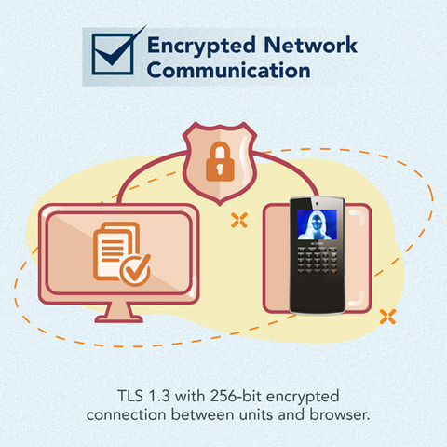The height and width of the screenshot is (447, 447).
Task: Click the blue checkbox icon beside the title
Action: [x=114, y=54]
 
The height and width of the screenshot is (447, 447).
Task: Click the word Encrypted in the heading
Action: [x=201, y=46]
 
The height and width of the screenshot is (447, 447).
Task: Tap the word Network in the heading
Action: [x=310, y=45]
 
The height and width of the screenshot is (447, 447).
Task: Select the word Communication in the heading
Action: [x=229, y=70]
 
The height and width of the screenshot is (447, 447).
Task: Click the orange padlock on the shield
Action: [x=220, y=161]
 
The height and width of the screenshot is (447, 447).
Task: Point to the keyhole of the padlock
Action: [x=220, y=169]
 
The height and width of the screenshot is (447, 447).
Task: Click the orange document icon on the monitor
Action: [x=116, y=251]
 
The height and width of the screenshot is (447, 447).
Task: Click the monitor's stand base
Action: [x=119, y=318]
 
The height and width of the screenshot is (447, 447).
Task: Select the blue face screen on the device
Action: [x=317, y=224]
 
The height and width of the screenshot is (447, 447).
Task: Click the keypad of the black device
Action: [x=318, y=261]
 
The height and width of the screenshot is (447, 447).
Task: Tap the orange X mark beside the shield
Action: [x=239, y=220]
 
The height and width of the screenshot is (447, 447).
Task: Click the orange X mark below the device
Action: [x=387, y=317]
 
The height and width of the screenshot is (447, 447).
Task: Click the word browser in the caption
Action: [x=340, y=414]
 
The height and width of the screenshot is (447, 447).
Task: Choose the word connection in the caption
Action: [x=127, y=415]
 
